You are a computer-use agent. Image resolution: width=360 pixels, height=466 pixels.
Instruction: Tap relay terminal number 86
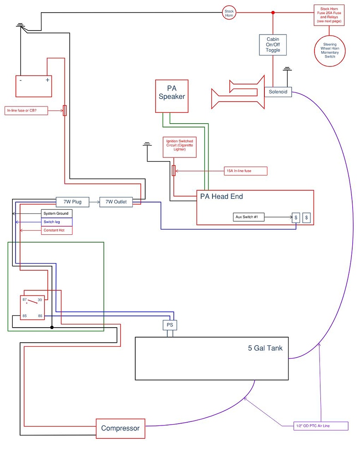40,316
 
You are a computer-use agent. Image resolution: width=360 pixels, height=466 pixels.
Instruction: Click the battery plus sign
47,80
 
